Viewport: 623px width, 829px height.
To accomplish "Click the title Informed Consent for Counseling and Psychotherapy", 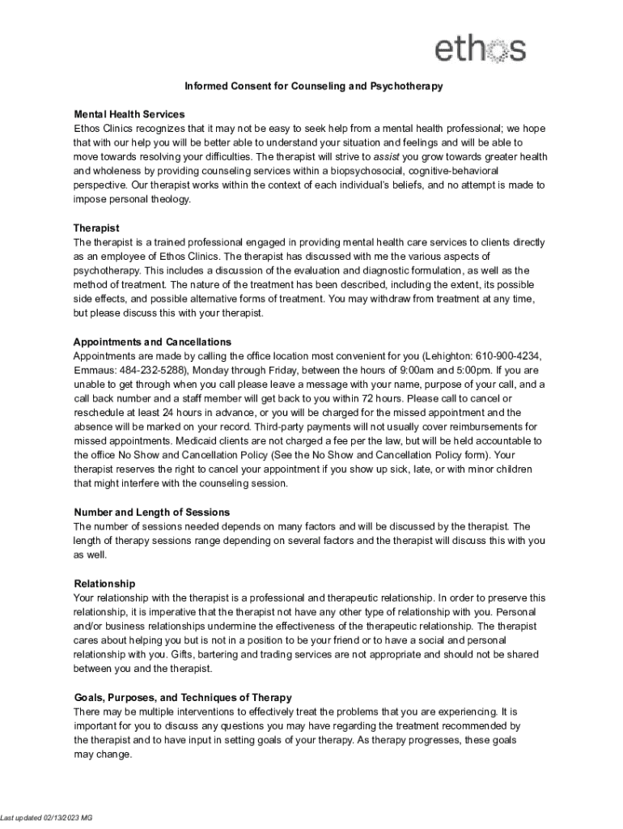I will tap(313, 87).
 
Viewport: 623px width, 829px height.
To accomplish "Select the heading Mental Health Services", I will tap(129, 114).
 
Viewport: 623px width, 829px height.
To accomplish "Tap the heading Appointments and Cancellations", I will tap(152, 342).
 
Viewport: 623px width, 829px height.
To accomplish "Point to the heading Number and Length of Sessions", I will tap(152, 512).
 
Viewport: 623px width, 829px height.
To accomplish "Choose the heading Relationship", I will tap(104, 583).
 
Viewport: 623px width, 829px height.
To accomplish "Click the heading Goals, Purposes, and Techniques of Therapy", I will tap(183, 697).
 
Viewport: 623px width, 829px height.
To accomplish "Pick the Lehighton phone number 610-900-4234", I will tap(509, 355).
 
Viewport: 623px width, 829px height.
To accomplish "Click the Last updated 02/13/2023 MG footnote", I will tap(47, 818).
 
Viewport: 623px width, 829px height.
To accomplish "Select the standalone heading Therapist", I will tap(96, 228).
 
